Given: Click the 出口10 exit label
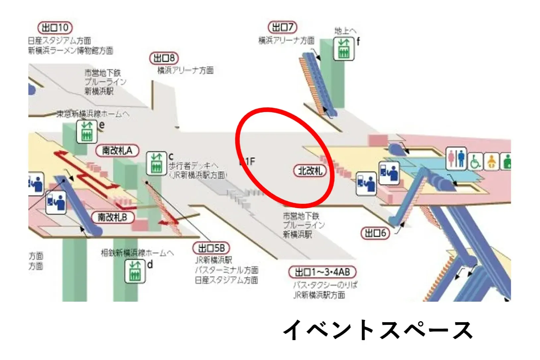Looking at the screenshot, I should [55, 28].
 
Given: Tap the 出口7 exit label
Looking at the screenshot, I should [282, 27].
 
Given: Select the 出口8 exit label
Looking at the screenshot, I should [164, 59].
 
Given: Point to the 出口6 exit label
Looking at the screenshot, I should [375, 233].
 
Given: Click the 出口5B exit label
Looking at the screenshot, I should [211, 248].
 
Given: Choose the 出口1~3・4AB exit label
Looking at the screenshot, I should [323, 272].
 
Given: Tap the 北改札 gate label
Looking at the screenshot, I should [310, 171].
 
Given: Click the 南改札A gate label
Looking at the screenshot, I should [117, 150].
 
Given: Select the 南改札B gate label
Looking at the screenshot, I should [112, 217].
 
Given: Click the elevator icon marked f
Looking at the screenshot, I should [344, 49].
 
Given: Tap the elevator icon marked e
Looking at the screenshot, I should [87, 132].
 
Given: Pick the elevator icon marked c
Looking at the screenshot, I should [156, 163].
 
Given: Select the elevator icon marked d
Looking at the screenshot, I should [135, 271].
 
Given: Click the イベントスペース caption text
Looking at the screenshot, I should [378, 330].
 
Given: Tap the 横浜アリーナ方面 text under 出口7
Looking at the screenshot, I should [286, 41].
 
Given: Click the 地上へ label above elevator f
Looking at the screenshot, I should [345, 31].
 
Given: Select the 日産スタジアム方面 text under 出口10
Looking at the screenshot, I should [59, 41].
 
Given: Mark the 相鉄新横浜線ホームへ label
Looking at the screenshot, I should [137, 253].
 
